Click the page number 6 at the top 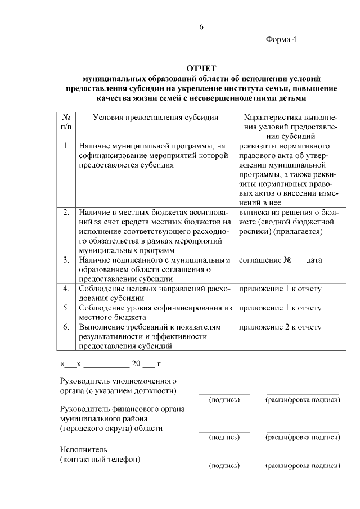(201, 27)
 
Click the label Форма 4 (281, 39)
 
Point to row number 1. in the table (66, 146)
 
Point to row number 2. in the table (66, 212)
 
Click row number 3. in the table (66, 260)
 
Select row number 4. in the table (66, 289)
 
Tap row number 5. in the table (66, 308)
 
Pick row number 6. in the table (66, 327)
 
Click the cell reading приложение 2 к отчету (280, 327)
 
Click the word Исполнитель (83, 449)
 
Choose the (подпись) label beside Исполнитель (224, 466)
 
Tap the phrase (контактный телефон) (100, 460)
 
